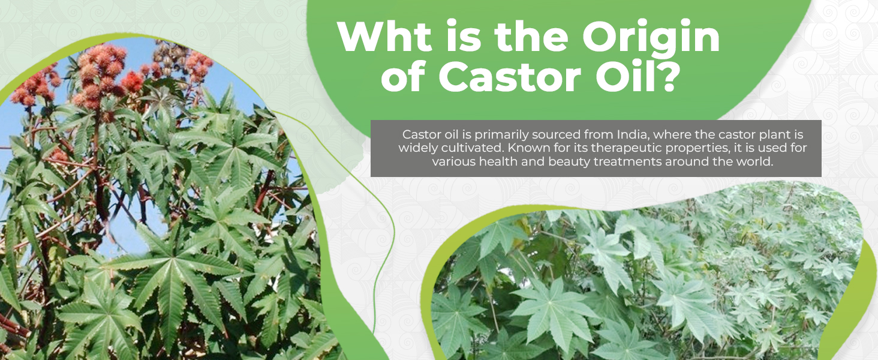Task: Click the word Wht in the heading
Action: click(384, 37)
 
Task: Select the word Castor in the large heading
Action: click(509, 76)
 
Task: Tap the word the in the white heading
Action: click(531, 37)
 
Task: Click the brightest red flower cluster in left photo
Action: click(132, 81)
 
